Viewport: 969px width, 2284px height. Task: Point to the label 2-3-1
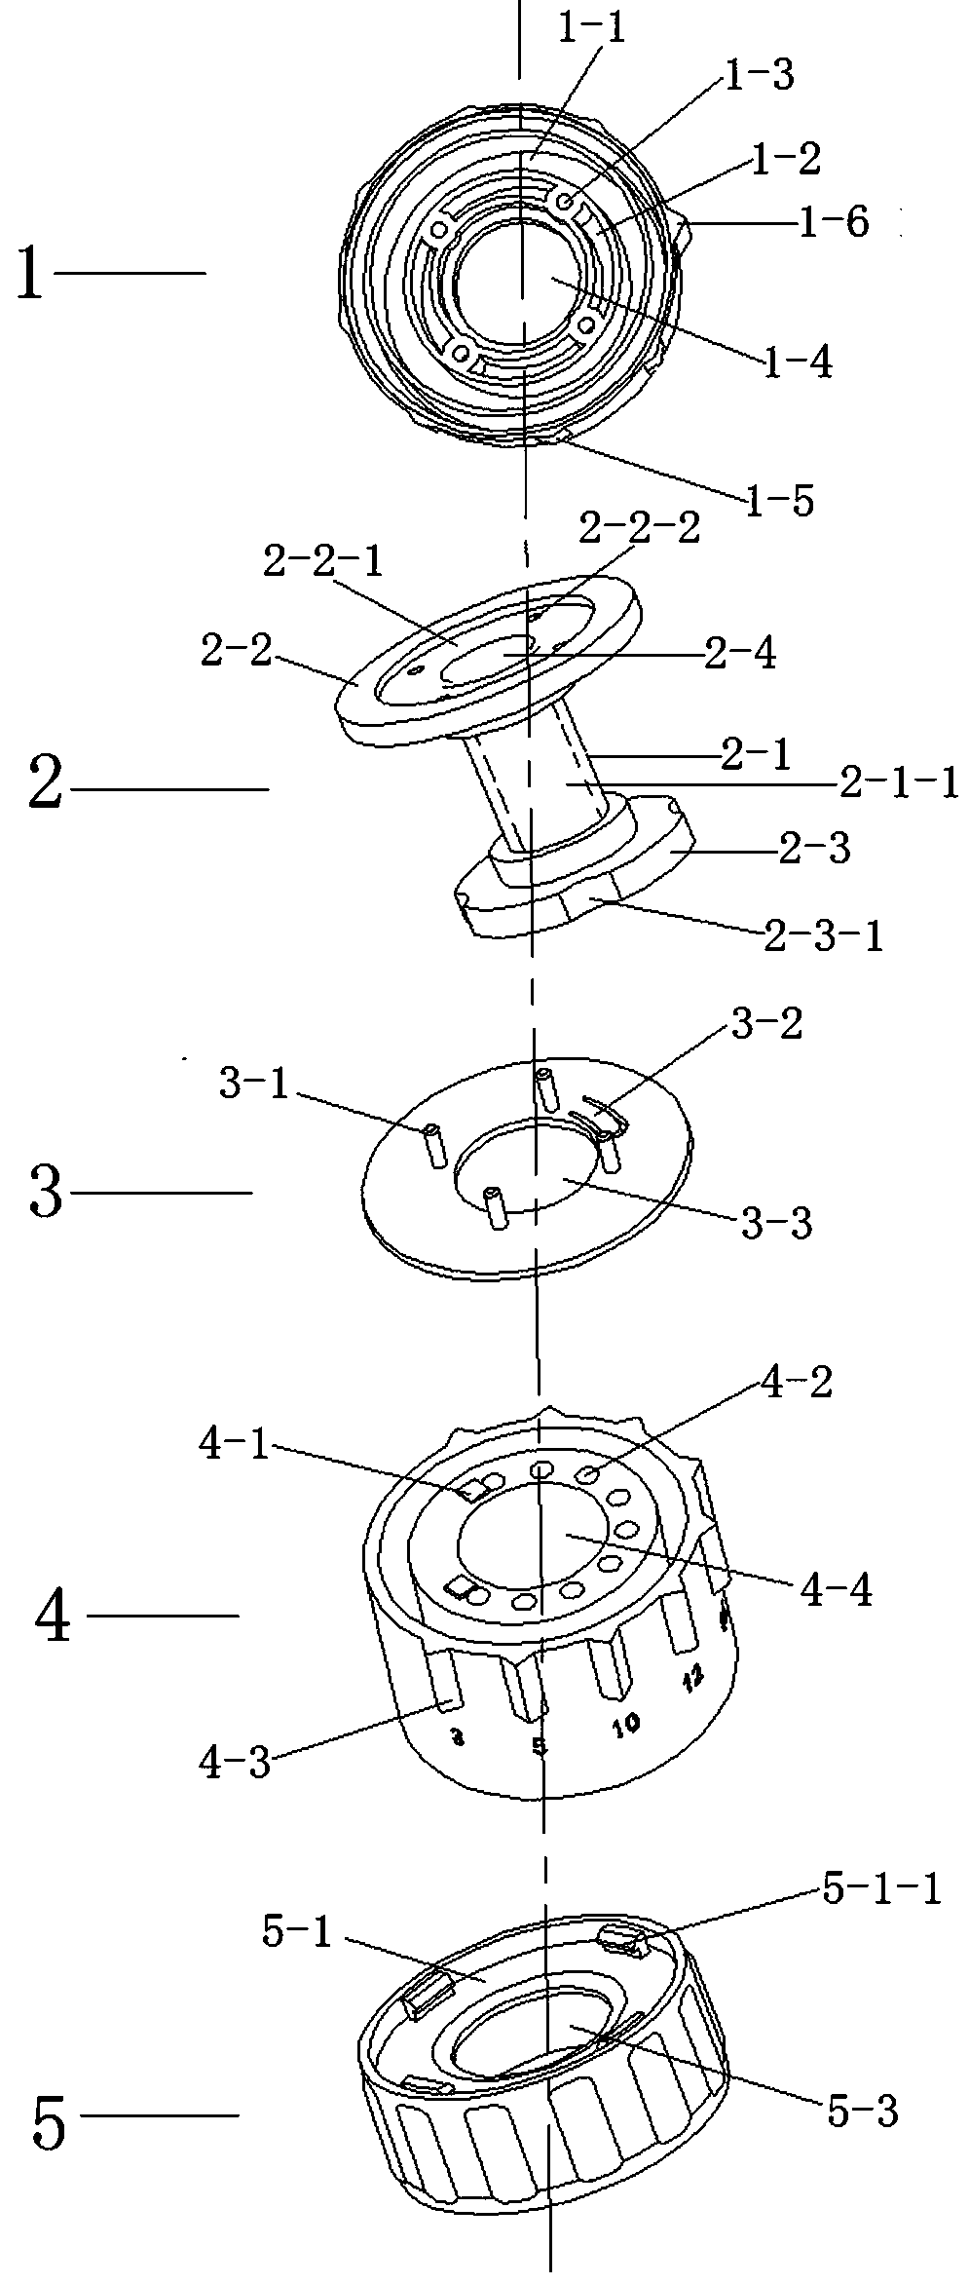tap(824, 936)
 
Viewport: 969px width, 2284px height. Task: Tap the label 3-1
tap(254, 1084)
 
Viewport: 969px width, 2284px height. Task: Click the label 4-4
tap(836, 1591)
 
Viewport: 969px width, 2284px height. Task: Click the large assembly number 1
tap(30, 276)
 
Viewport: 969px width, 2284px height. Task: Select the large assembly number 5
tap(49, 2125)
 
